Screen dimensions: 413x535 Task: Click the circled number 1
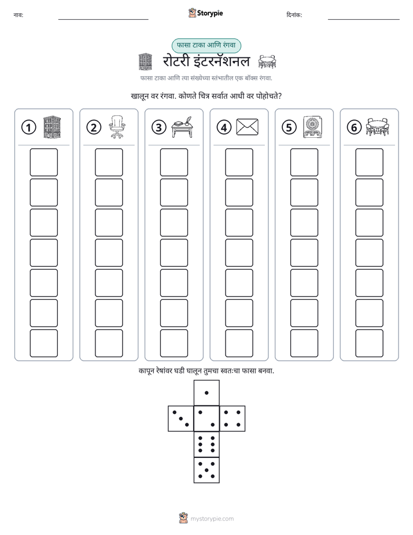(x=28, y=127)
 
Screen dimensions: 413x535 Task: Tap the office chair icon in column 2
(x=117, y=127)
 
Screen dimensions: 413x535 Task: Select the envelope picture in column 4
(x=247, y=127)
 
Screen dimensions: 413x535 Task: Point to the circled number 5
(x=289, y=127)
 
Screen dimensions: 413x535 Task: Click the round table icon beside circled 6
(x=377, y=127)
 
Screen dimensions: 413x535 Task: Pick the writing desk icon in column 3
(x=182, y=127)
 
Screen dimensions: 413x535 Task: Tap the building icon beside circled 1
(x=52, y=127)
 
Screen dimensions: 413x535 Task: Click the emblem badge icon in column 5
(x=312, y=127)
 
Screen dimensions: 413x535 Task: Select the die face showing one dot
(x=207, y=393)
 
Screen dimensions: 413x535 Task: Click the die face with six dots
(x=207, y=444)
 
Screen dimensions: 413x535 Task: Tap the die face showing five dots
(x=207, y=470)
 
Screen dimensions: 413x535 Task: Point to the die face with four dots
(x=232, y=418)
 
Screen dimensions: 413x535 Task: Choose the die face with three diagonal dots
(x=181, y=418)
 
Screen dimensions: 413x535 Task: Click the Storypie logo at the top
(x=205, y=13)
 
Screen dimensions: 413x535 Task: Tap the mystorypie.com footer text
(x=212, y=519)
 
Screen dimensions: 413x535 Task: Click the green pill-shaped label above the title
(x=206, y=45)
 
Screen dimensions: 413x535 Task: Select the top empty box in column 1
(x=43, y=162)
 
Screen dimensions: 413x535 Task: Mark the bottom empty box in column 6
(x=370, y=343)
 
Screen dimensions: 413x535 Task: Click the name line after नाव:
(x=103, y=20)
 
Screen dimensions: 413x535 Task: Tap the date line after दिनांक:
(x=364, y=20)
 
